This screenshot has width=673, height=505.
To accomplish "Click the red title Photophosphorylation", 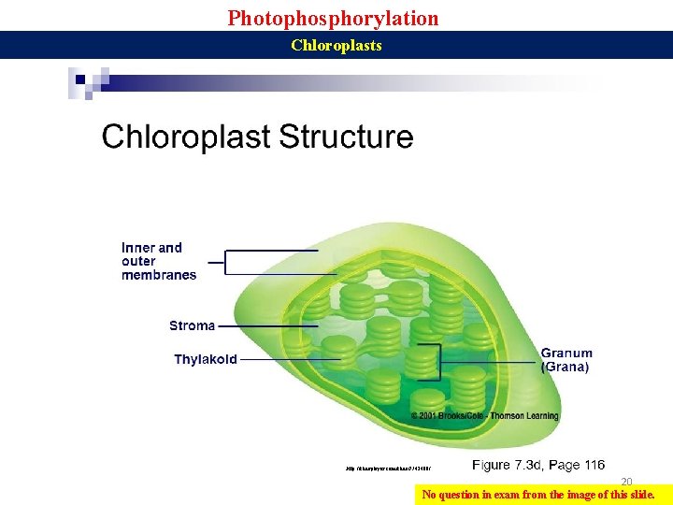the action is [x=333, y=18].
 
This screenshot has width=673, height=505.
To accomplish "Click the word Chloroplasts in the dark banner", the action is [x=336, y=45].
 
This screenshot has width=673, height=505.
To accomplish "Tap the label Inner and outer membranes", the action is [x=159, y=261].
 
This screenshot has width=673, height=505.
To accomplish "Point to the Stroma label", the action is [x=192, y=325].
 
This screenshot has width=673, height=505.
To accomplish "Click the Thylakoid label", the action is [x=206, y=359].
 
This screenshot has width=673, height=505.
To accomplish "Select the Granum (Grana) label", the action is [x=566, y=360].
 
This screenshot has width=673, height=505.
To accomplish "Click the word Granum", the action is [x=566, y=353].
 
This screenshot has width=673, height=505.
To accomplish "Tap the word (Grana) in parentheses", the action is [x=566, y=368].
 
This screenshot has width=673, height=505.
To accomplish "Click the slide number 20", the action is [x=627, y=482].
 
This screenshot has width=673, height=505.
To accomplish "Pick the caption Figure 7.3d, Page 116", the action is [x=538, y=465].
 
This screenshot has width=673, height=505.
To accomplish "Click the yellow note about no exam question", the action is [x=541, y=495].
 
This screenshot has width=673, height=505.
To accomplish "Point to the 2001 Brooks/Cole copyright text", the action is [x=484, y=415].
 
